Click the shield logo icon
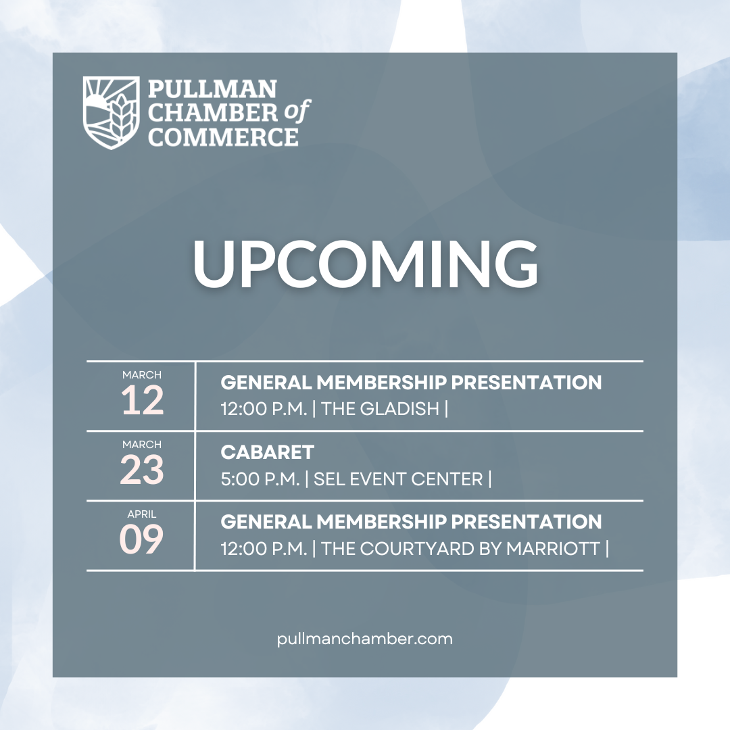111,112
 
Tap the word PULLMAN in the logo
212,89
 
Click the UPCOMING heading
365,264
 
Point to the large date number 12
142,401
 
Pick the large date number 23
142,471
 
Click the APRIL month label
142,514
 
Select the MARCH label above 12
142,375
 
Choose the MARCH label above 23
142,445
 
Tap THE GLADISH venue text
381,408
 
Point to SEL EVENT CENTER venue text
399,479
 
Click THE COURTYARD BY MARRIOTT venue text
461,549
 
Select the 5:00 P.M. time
260,479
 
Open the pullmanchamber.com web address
365,639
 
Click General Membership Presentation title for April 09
411,522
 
